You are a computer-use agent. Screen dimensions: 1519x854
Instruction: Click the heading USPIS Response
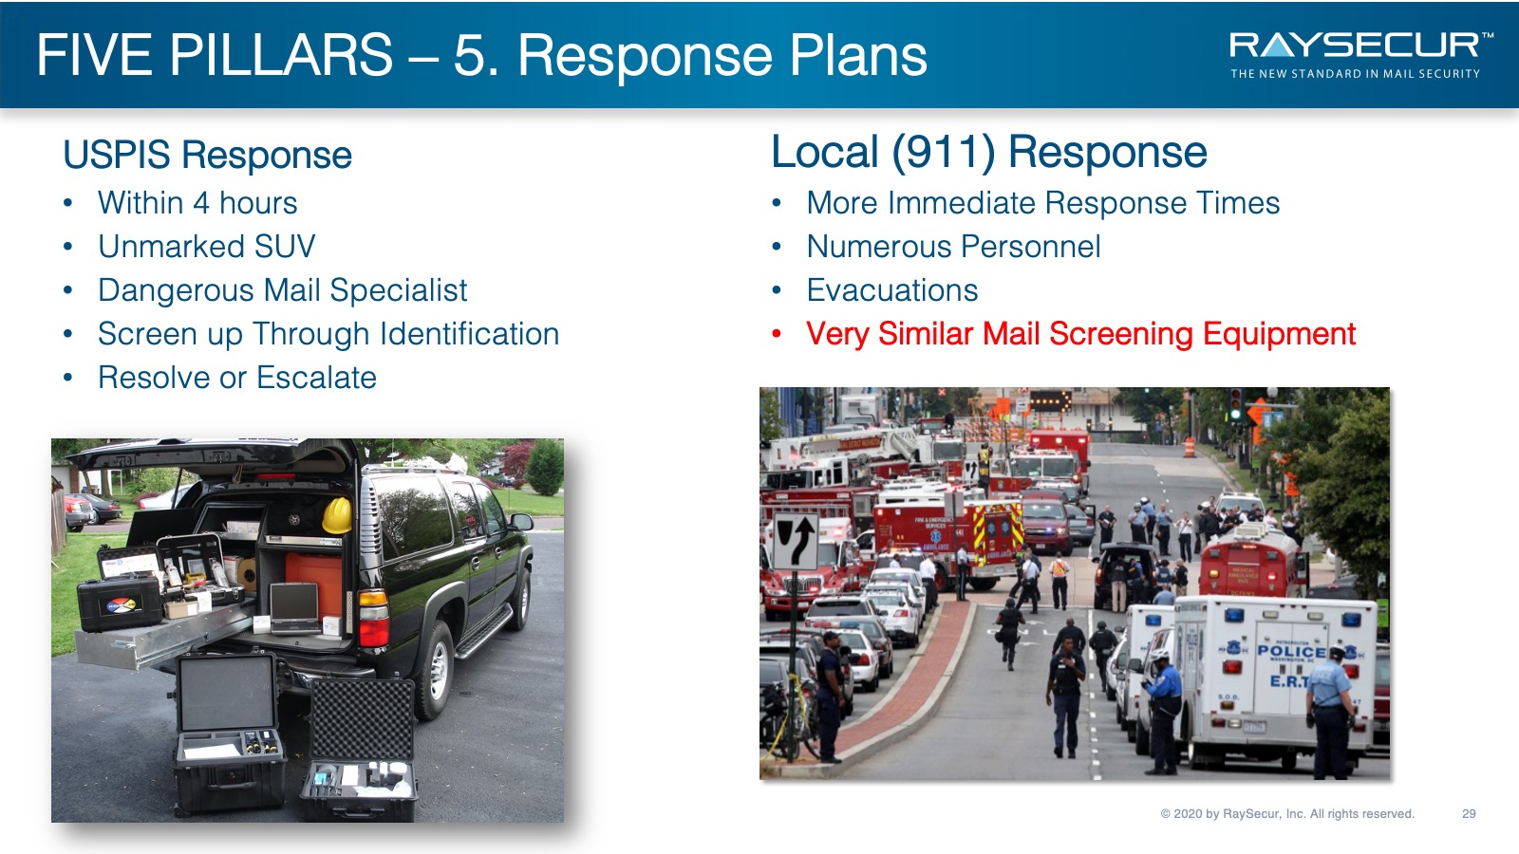(x=208, y=155)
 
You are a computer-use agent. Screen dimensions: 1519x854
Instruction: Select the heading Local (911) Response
(x=988, y=152)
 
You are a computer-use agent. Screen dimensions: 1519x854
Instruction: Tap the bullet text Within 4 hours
(x=197, y=203)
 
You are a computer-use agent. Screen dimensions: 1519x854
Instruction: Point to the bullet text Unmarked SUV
(x=207, y=246)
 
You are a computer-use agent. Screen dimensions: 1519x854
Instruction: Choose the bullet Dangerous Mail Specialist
(x=283, y=290)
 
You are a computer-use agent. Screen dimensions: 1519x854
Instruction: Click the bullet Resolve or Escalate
(x=237, y=377)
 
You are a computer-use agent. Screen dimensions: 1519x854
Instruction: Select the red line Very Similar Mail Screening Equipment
(x=1081, y=334)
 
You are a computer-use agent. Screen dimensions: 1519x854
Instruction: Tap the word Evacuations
(x=892, y=290)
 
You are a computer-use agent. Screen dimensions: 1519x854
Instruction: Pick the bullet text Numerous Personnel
(x=953, y=246)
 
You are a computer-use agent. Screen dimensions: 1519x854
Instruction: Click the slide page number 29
(x=1469, y=813)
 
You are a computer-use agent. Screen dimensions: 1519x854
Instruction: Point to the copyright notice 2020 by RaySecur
(x=1287, y=813)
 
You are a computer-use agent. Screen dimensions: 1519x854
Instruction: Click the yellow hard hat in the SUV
(x=337, y=514)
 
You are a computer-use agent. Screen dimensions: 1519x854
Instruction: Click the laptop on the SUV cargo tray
(x=294, y=608)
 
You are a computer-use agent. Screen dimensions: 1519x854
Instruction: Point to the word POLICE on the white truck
(x=1291, y=651)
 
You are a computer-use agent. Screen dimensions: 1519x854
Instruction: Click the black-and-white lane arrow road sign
(x=796, y=540)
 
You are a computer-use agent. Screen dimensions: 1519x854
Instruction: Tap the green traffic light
(x=1236, y=414)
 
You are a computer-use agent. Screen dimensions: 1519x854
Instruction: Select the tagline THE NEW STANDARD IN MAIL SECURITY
(x=1355, y=74)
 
